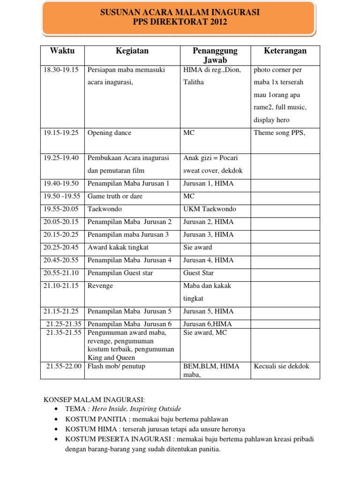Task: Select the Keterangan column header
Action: (x=285, y=51)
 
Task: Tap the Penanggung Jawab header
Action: (x=215, y=55)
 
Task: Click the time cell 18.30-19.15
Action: (x=61, y=70)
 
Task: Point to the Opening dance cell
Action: (x=110, y=133)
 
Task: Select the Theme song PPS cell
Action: (x=279, y=133)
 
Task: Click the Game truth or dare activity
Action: (x=115, y=196)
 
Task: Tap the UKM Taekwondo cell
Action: (x=210, y=209)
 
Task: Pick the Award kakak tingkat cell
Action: (x=114, y=247)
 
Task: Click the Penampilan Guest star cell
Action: (x=120, y=273)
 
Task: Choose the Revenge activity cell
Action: (x=100, y=285)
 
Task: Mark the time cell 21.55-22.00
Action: (x=64, y=366)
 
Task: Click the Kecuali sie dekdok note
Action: (x=281, y=366)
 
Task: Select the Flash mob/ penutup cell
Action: (x=116, y=366)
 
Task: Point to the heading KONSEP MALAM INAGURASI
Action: (x=94, y=399)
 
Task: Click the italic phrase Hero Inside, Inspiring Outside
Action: (x=136, y=409)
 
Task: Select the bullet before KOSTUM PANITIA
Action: (x=56, y=419)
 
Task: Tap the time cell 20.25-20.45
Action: (x=61, y=247)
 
